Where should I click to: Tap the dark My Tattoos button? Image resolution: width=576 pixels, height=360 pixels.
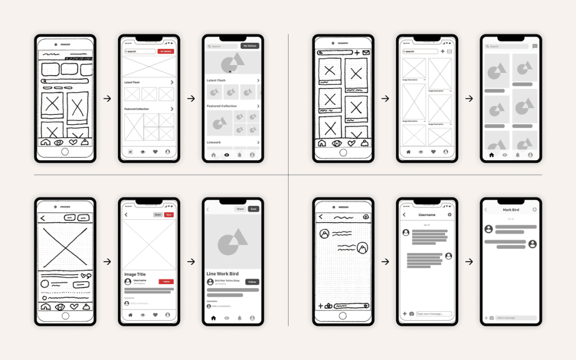(250, 46)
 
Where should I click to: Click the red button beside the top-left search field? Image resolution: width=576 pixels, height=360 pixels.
(166, 51)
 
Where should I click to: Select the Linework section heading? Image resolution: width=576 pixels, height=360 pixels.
(214, 142)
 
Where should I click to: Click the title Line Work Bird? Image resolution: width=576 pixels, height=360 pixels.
(222, 274)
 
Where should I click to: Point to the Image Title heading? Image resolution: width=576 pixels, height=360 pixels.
(135, 274)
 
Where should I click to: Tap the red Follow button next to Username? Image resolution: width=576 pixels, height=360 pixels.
(166, 281)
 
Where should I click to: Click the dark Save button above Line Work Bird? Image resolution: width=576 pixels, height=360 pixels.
(253, 209)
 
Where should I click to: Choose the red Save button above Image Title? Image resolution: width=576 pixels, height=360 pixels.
(169, 215)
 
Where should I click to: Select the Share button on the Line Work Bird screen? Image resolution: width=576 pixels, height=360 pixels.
(240, 209)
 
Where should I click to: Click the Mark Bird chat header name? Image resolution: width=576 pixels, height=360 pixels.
(511, 210)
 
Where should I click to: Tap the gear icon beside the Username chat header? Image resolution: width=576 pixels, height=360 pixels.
(449, 215)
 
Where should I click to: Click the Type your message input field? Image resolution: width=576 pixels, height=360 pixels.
(434, 314)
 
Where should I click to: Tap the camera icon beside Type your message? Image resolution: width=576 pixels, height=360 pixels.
(412, 314)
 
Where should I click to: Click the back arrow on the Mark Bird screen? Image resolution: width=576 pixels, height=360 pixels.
(486, 210)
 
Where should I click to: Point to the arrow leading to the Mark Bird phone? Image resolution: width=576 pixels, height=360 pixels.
(469, 262)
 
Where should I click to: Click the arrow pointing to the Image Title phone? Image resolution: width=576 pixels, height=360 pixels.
(107, 262)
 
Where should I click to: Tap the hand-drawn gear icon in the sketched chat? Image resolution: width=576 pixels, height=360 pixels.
(366, 217)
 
